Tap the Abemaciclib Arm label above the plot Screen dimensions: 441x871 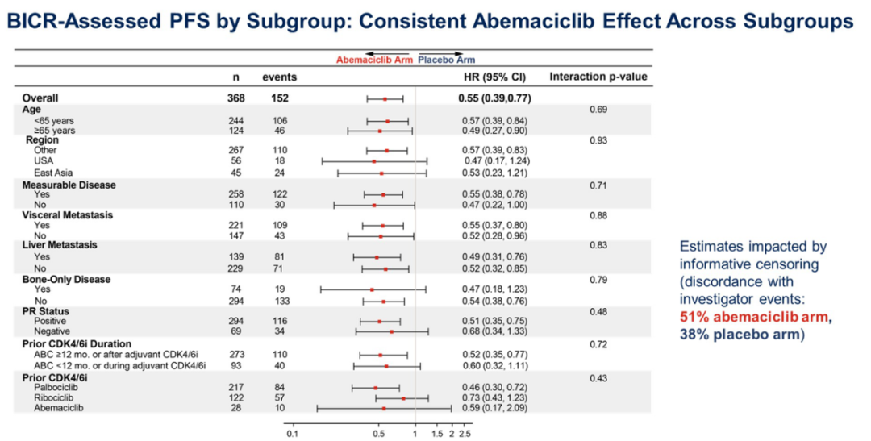[x=374, y=60]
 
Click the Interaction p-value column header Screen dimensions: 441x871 [x=598, y=77]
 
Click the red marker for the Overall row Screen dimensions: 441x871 [x=385, y=98]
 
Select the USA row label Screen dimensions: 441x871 [x=44, y=161]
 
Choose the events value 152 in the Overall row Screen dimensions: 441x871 [x=280, y=98]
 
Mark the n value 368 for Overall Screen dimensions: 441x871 [x=236, y=98]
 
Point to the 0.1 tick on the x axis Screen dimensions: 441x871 [x=291, y=434]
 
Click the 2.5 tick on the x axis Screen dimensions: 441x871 [x=465, y=434]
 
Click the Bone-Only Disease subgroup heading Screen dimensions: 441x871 [x=66, y=280]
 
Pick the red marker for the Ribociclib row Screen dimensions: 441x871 [x=403, y=397]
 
